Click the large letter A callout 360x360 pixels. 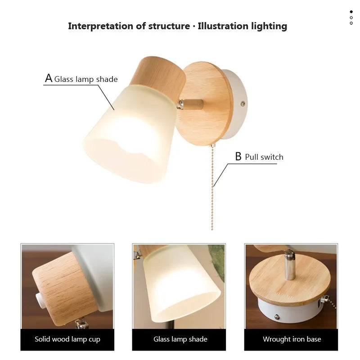[49, 78]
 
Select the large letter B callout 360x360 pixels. [238, 157]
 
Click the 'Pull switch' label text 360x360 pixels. [264, 157]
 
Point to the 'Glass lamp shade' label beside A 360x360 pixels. [86, 80]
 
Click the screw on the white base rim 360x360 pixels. [243, 103]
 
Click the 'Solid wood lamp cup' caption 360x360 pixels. [67, 339]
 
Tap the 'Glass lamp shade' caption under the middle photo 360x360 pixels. [180, 339]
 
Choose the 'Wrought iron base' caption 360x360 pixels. [292, 339]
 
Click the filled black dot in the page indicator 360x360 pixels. [351, 12]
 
